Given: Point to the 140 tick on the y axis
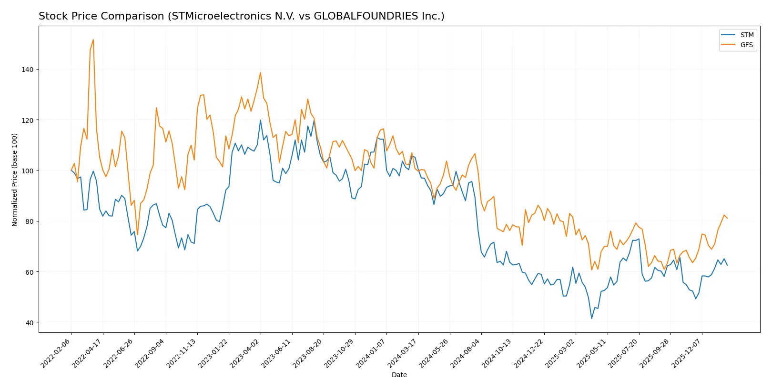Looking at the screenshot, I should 28,70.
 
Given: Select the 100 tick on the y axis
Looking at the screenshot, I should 28,170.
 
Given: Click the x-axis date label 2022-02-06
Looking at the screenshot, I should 56,353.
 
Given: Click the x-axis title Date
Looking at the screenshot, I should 399,375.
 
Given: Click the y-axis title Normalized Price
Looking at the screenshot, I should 15,180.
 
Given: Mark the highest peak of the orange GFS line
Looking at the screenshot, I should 93,40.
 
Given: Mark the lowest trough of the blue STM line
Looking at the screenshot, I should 592,318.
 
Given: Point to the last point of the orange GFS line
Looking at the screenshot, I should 727,218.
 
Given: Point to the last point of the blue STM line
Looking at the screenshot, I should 727,265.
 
